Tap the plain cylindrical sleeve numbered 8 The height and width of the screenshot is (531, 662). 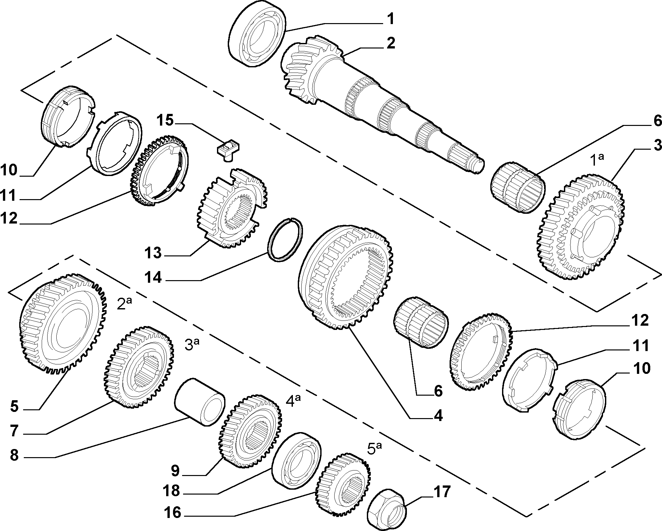[200, 402]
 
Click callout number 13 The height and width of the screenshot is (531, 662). [153, 252]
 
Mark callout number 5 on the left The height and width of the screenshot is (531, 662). [15, 407]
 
